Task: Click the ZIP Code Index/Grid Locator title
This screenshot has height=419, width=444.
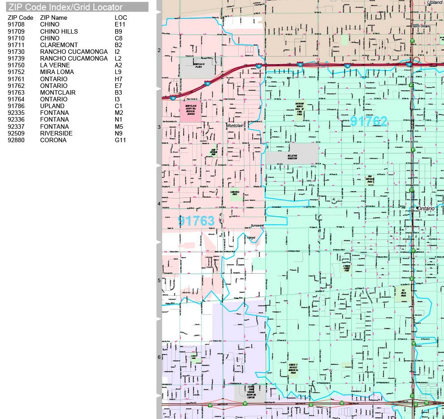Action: click(x=65, y=7)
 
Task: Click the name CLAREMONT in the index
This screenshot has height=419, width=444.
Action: click(x=59, y=45)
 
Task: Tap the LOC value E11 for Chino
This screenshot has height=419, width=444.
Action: click(x=120, y=24)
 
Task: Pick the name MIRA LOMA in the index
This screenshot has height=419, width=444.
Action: click(x=57, y=72)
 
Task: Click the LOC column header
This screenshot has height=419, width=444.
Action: click(x=121, y=17)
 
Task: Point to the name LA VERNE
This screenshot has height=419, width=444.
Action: click(x=55, y=65)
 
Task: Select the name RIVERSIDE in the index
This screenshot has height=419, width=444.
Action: click(x=56, y=133)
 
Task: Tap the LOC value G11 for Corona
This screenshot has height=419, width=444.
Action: click(x=120, y=140)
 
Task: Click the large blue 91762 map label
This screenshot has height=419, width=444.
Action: click(x=368, y=121)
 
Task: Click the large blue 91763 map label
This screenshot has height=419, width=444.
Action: click(x=196, y=220)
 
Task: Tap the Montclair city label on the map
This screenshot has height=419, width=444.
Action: click(x=234, y=126)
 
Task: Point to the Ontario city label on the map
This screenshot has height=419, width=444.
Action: click(x=426, y=209)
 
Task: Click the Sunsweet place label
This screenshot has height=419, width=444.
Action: click(x=257, y=225)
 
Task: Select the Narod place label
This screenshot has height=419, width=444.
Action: click(x=251, y=237)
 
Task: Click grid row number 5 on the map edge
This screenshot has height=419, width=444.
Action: click(x=159, y=280)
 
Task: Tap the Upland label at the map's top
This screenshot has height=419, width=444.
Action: click(x=434, y=3)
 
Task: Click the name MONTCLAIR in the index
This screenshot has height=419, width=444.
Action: click(x=58, y=92)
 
